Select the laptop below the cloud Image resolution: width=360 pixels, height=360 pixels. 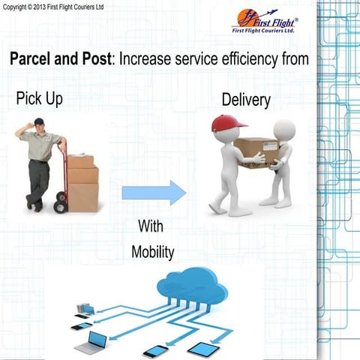(x=96, y=342)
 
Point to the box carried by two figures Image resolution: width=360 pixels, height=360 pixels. (x=255, y=151)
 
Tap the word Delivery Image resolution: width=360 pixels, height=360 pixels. (x=246, y=100)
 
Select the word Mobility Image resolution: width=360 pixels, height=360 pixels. (x=153, y=252)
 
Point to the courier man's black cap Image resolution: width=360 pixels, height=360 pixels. (x=38, y=121)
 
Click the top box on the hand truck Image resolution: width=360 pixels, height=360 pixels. (x=82, y=161)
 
